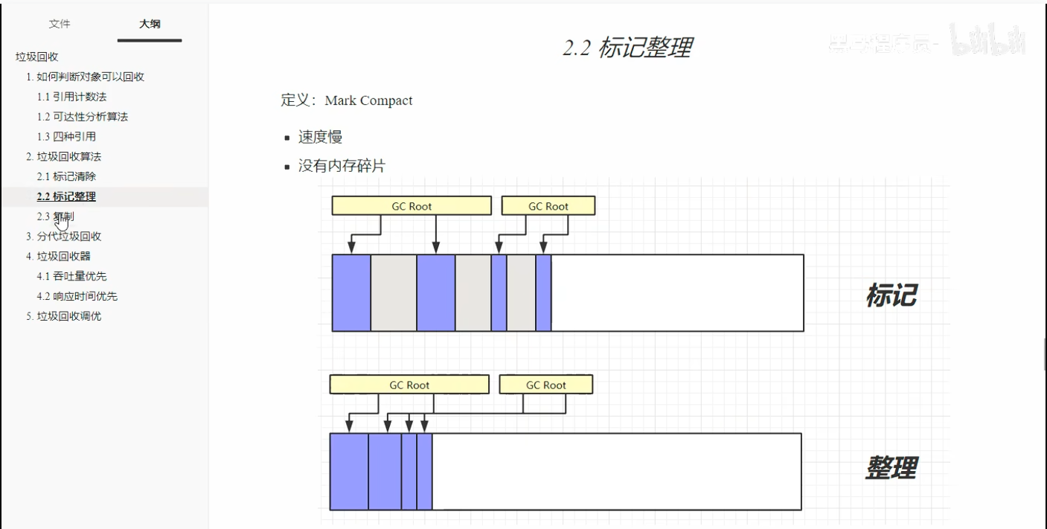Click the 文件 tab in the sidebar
[x=60, y=24]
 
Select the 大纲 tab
[x=150, y=24]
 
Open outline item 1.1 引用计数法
[x=72, y=97]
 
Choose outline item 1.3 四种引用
[x=66, y=137]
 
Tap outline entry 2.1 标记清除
[x=66, y=176]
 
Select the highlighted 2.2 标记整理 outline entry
[x=66, y=196]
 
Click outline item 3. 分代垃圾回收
[x=64, y=237]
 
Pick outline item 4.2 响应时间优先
[x=77, y=296]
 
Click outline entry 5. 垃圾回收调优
[x=64, y=316]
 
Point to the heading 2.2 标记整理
[x=627, y=48]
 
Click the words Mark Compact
[x=368, y=100]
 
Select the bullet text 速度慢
[x=320, y=137]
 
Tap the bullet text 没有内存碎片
[x=342, y=166]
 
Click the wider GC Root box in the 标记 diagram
[x=412, y=206]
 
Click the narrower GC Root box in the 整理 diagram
[x=546, y=385]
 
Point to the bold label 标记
[x=891, y=295]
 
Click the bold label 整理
[x=891, y=467]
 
